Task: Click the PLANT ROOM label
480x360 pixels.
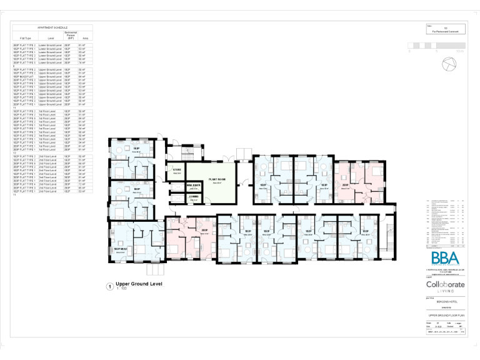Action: (212, 179)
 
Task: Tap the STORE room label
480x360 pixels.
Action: (177, 170)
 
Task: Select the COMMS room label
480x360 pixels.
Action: (192, 197)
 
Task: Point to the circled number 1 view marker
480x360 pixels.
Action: (110, 287)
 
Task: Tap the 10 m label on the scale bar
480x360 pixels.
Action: (461, 51)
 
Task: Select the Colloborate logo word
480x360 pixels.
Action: (445, 284)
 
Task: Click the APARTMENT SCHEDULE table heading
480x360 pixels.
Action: (52, 28)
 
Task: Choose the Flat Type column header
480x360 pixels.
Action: (25, 38)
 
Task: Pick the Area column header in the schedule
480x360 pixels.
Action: (85, 38)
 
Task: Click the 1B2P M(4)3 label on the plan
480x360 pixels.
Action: (121, 250)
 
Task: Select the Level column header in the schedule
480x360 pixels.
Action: (51, 38)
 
